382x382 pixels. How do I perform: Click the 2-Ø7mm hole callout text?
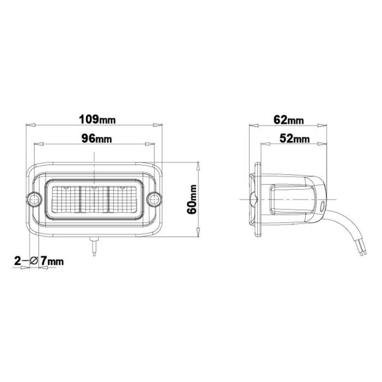click(39, 261)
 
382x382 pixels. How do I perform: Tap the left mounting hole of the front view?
click(33, 198)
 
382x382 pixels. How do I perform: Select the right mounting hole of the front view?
click(154, 198)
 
